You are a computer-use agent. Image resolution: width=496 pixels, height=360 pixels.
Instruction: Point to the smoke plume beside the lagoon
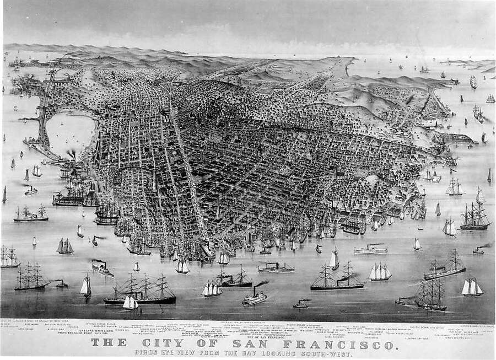point(72,154)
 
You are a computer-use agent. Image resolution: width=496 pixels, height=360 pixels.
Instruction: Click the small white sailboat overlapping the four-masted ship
point(130,302)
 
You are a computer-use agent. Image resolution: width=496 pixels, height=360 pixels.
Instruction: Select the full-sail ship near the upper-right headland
point(473,82)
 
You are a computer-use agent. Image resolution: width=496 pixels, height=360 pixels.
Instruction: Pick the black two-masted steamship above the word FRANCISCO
point(337,278)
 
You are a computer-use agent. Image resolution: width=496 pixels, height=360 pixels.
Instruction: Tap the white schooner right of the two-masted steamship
point(380,271)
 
